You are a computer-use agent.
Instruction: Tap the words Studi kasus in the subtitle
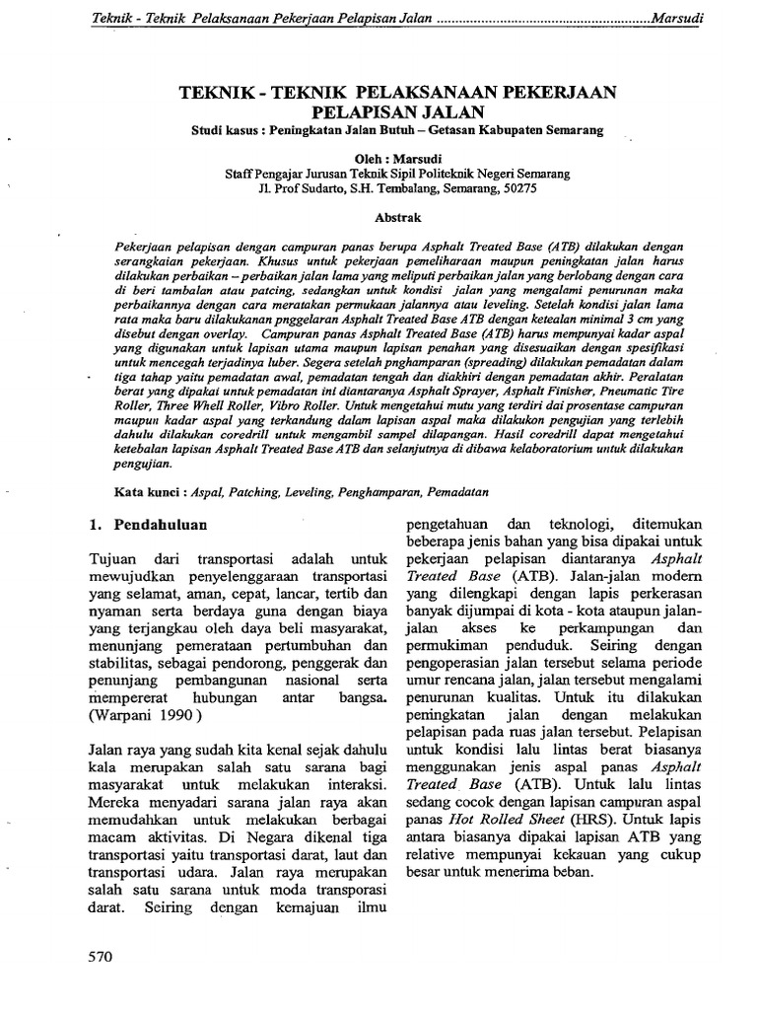pos(230,129)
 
